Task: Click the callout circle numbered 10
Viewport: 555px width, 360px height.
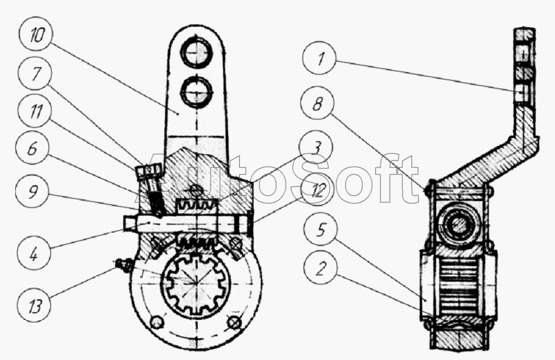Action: (x=36, y=35)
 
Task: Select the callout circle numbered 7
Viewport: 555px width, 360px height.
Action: (x=35, y=75)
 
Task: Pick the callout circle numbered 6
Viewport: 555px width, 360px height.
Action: (x=32, y=149)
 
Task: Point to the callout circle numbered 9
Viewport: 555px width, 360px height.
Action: (x=33, y=192)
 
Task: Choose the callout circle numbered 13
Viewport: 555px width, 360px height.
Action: (x=35, y=305)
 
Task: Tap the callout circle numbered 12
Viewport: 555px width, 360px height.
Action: (x=317, y=191)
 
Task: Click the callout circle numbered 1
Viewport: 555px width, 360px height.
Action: (x=320, y=58)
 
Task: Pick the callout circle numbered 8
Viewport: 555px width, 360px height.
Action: (x=317, y=104)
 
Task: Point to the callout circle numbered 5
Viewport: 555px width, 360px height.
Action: (x=320, y=230)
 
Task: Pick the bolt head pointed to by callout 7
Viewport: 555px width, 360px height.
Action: (x=148, y=172)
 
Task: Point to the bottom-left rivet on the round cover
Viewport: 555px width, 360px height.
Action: (x=157, y=322)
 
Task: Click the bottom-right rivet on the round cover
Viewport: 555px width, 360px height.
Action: (x=234, y=322)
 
